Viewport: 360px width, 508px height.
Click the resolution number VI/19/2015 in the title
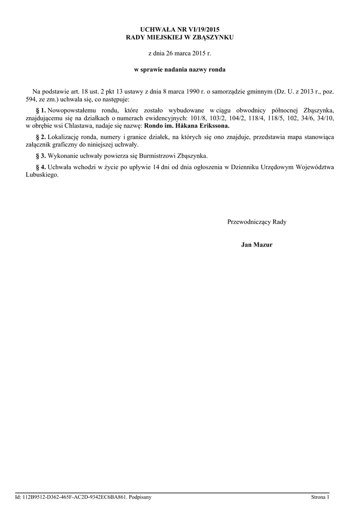[x=202, y=30]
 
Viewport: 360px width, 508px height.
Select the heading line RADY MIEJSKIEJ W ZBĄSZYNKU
[x=180, y=37]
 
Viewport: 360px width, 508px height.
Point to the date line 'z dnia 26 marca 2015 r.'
[x=180, y=53]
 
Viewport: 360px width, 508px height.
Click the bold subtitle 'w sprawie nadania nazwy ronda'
[x=180, y=69]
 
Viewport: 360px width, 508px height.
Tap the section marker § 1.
[x=41, y=110]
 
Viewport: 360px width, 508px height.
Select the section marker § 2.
[x=41, y=136]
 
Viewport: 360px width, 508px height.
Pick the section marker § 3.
[x=41, y=156]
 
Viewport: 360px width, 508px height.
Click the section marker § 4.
[x=41, y=167]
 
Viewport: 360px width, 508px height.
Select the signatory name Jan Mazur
[x=257, y=245]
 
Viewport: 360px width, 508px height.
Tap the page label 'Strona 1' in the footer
[x=320, y=497]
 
